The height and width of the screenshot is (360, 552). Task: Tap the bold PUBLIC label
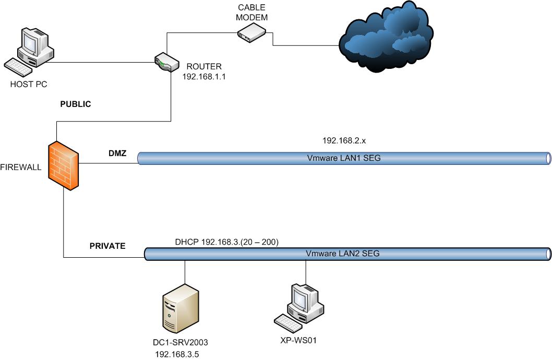76,104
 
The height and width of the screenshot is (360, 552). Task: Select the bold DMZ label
113,152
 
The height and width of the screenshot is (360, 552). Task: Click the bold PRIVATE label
108,246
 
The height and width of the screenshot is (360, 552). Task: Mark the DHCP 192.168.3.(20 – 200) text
227,242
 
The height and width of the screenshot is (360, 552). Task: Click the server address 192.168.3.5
177,354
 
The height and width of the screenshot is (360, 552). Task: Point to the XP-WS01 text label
299,341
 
